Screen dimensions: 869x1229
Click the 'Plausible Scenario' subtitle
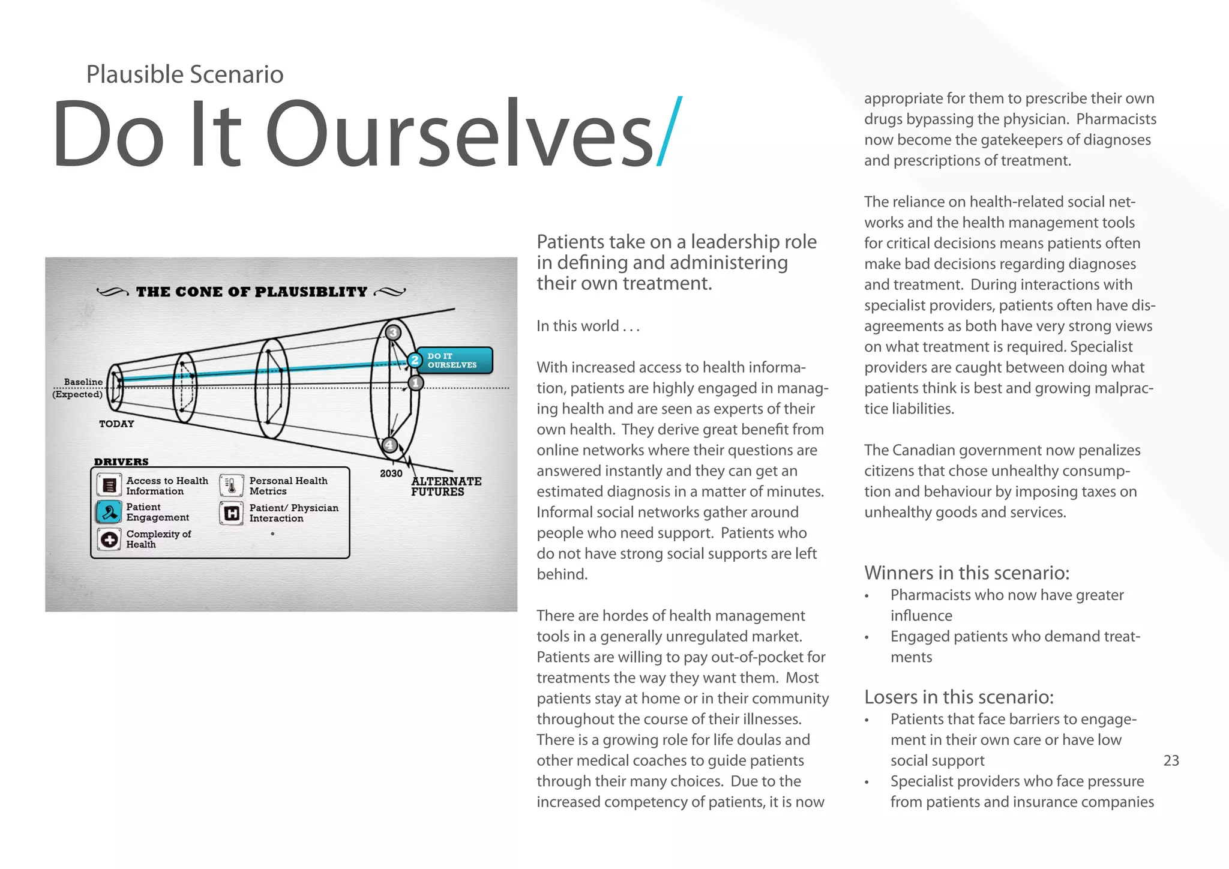184,74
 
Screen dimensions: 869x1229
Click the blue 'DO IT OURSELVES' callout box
455,360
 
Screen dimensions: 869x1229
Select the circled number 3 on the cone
393,332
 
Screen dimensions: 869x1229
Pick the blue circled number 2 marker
415,360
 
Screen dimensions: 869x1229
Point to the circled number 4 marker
389,445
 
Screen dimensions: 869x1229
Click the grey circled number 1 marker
416,382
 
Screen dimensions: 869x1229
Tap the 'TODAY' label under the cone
116,424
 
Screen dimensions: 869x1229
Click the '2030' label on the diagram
391,474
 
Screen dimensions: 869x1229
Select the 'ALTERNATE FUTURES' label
445,486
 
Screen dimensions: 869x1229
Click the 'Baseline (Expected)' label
79,388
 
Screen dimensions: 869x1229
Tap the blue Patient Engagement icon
109,512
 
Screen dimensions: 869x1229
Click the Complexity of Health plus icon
109,540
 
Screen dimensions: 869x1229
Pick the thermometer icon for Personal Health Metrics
232,486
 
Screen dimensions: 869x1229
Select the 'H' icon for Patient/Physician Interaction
232,513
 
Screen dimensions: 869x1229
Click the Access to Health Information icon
109,485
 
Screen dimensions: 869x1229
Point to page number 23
1171,760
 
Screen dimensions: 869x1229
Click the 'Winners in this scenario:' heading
966,573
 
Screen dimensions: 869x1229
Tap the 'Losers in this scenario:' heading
958,697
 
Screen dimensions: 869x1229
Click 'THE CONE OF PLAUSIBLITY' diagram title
251,292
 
